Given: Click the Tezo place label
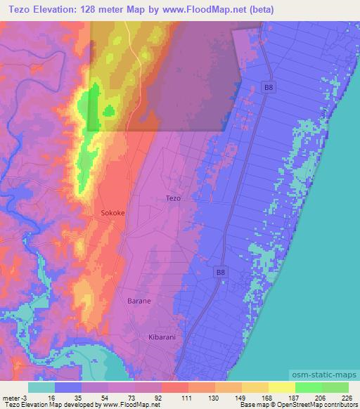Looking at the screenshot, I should tap(173, 198).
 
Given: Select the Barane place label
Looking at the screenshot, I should tap(139, 300).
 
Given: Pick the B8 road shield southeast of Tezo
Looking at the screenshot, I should tap(221, 271).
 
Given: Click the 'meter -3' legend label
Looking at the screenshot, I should tap(14, 397).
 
